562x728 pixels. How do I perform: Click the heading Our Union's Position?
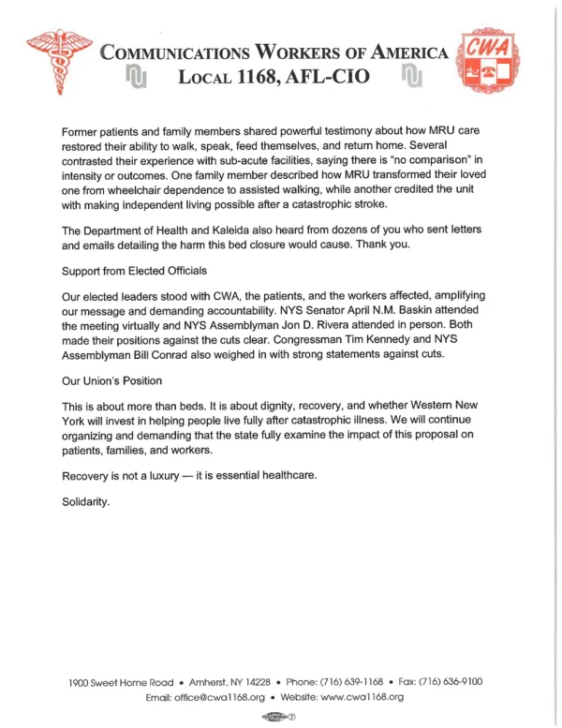[111, 381]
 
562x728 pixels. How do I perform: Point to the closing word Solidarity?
[86, 502]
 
